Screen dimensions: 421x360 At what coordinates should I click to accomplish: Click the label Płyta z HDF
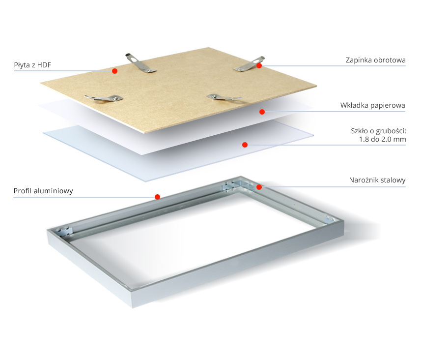[x=32, y=65]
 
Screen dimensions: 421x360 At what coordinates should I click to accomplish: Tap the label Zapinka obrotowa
[x=375, y=60]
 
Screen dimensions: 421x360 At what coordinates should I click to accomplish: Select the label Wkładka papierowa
[x=373, y=105]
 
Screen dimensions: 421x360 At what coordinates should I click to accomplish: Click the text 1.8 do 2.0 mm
[x=382, y=139]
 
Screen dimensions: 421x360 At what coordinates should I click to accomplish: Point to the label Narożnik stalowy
[x=377, y=180]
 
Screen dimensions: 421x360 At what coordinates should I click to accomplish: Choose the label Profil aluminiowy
[x=43, y=191]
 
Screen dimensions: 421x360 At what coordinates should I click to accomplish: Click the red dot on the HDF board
[x=114, y=71]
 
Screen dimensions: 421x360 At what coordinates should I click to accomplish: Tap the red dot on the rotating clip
[x=259, y=65]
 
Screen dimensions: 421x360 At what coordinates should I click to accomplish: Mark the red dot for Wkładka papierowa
[x=262, y=112]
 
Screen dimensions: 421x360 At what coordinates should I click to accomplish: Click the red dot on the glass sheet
[x=245, y=145]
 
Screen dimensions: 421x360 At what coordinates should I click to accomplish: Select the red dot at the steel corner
[x=259, y=187]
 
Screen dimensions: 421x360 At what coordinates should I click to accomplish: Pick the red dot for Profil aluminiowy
[x=158, y=197]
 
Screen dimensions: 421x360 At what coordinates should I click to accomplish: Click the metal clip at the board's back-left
[x=140, y=63]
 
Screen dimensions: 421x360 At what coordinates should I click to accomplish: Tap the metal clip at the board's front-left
[x=104, y=98]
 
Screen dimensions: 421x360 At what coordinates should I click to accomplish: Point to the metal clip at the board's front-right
[x=224, y=97]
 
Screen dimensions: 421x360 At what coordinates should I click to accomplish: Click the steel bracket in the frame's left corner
[x=64, y=232]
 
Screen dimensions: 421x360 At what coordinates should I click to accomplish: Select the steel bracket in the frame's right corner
[x=329, y=219]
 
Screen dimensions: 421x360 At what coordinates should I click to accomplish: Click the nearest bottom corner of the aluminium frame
[x=132, y=307]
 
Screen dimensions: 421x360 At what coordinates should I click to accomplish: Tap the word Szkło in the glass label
[x=359, y=131]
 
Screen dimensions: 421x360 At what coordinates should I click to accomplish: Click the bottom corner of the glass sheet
[x=146, y=182]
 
